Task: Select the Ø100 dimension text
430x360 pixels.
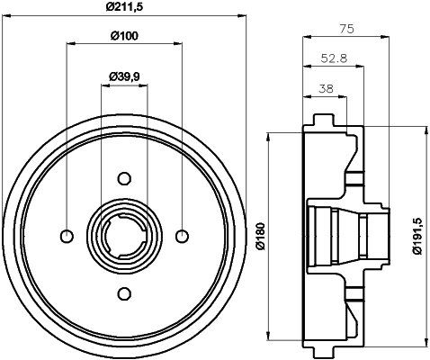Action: (125, 36)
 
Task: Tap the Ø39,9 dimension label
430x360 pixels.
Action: (124, 76)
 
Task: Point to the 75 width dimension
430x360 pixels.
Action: (348, 28)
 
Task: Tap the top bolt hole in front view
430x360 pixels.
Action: (124, 177)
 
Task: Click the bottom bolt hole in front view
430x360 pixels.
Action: (124, 293)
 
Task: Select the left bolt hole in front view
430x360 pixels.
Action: (66, 236)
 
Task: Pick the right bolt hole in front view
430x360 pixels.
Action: (183, 236)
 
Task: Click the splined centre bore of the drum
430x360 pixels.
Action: (124, 236)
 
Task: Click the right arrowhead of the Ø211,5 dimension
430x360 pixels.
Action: (243, 15)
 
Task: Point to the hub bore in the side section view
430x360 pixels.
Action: (346, 236)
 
